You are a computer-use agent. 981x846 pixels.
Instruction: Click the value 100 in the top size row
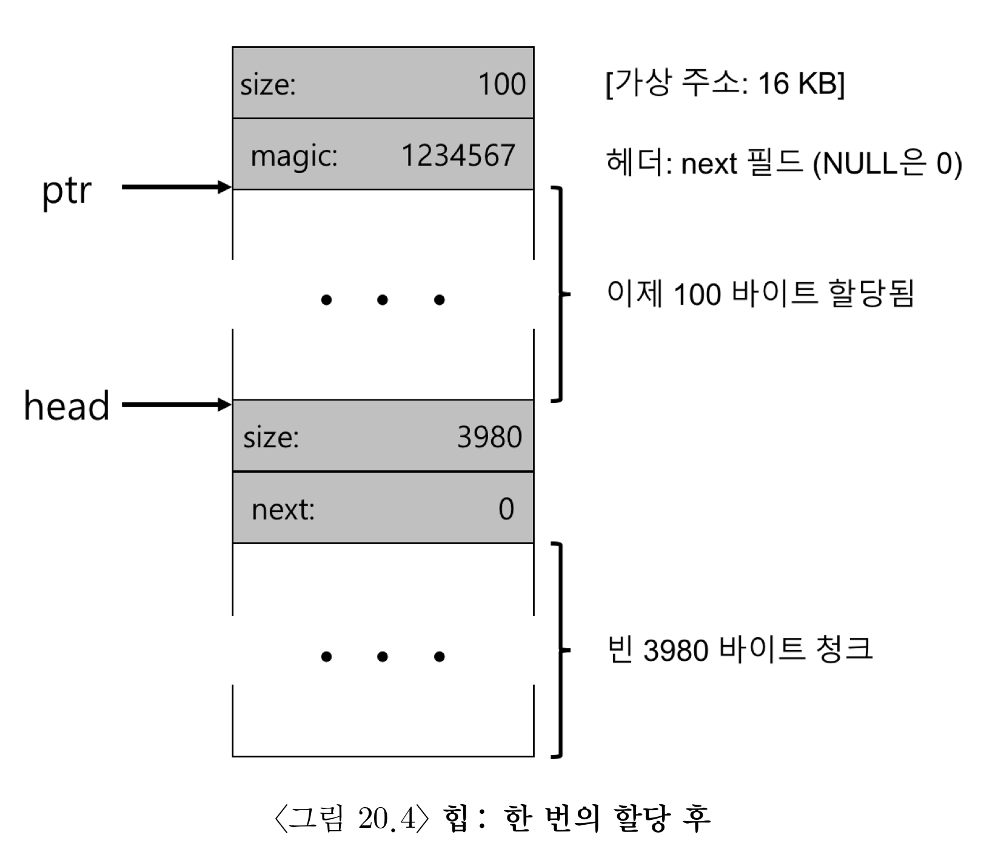[501, 84]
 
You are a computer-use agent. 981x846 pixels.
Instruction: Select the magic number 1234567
[458, 155]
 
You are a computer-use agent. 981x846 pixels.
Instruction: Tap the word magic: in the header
[294, 157]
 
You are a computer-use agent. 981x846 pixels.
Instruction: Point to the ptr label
[67, 192]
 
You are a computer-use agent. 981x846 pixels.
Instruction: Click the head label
[67, 406]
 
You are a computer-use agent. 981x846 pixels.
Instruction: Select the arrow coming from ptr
[176, 187]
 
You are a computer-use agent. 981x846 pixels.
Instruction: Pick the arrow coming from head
[176, 404]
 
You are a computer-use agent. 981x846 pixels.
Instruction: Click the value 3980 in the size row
[489, 437]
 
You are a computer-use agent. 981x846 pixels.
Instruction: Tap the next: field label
[283, 510]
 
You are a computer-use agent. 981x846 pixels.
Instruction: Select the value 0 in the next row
[506, 509]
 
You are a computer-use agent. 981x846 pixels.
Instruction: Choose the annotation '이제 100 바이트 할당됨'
[760, 294]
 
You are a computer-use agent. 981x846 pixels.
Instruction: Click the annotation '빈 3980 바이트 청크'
[740, 649]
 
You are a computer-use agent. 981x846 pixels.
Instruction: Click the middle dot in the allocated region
[383, 300]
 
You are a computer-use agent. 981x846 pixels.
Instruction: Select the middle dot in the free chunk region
[383, 656]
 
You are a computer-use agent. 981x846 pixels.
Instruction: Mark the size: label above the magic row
[268, 84]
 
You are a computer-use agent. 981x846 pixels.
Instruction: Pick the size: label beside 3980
[271, 438]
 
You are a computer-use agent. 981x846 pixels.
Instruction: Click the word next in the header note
[709, 164]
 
